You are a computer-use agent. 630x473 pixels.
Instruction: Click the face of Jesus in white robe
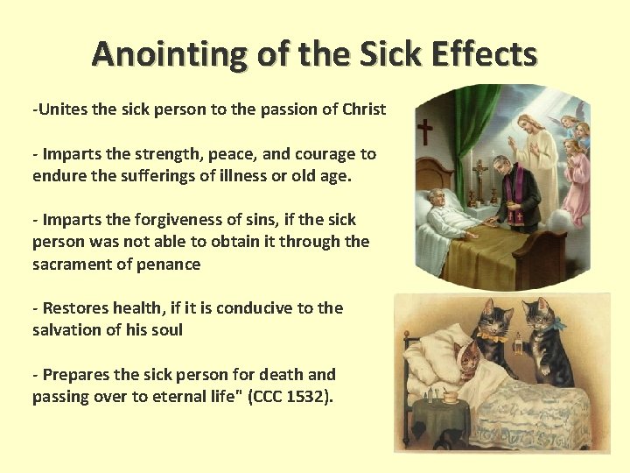(533, 125)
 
